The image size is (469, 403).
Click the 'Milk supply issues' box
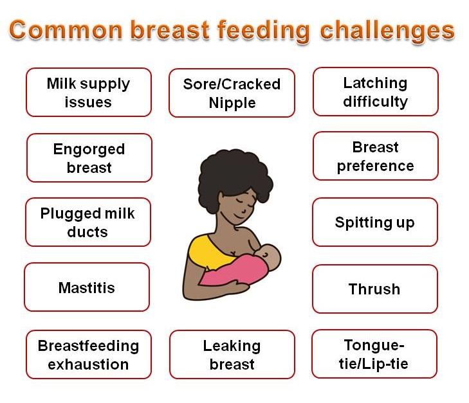(x=88, y=93)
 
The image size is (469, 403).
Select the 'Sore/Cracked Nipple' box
(x=232, y=93)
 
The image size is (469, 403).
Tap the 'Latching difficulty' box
(x=375, y=92)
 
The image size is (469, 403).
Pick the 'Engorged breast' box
(x=89, y=158)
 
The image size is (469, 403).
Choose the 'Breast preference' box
(x=375, y=156)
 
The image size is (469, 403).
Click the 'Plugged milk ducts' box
(x=87, y=222)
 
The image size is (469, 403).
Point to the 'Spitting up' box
(x=374, y=222)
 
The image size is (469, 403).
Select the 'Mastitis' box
(x=86, y=287)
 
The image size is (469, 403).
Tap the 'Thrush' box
(x=374, y=289)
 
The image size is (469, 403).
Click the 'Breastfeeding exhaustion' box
(x=88, y=355)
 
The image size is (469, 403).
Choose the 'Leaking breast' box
(x=232, y=355)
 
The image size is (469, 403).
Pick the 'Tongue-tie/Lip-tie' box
(x=374, y=354)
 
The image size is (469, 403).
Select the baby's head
(x=271, y=257)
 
